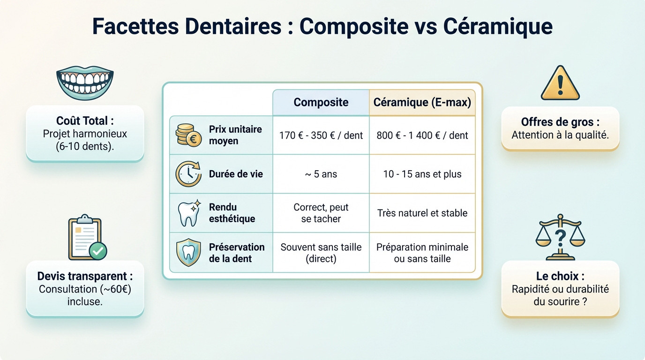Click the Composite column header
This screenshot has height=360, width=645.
(x=321, y=102)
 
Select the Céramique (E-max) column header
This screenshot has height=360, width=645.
(x=422, y=102)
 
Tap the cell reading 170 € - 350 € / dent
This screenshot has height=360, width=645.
(x=321, y=135)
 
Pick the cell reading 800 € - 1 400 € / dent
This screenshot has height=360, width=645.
(x=422, y=135)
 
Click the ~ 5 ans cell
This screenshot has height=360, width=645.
(x=321, y=174)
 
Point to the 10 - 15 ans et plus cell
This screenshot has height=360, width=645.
(x=422, y=174)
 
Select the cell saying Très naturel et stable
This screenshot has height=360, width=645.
(x=422, y=213)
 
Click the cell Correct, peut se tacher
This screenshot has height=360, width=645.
(x=321, y=213)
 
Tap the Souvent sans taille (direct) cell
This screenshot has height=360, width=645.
(x=321, y=253)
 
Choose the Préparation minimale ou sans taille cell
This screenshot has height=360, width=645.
(x=422, y=253)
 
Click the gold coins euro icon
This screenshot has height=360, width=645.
(x=188, y=135)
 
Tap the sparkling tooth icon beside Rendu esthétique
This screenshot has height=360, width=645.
(x=188, y=213)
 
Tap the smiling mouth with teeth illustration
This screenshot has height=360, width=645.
(x=85, y=82)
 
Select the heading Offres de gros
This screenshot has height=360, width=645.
(x=560, y=122)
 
